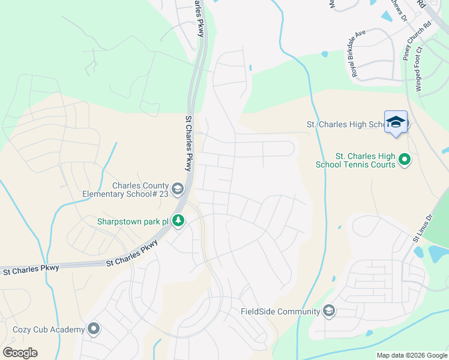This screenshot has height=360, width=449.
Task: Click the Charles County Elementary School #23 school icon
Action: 178,190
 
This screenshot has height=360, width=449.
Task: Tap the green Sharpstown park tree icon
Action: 178,221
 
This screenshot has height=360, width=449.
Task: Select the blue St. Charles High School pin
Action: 396,122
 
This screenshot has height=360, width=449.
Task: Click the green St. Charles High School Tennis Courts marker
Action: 405,160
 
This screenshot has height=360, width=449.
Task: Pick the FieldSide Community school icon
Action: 328,311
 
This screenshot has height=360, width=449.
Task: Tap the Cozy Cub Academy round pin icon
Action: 94,329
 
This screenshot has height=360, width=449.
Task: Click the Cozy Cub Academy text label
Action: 49,329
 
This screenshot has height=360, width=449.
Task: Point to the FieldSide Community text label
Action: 280,311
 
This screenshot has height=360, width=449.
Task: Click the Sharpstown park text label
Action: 133,221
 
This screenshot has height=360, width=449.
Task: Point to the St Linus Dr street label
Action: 421,229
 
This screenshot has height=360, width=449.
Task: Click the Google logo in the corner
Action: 20,352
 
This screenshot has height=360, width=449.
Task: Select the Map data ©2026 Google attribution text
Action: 412,355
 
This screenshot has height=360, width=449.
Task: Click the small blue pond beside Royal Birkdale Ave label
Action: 325,54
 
